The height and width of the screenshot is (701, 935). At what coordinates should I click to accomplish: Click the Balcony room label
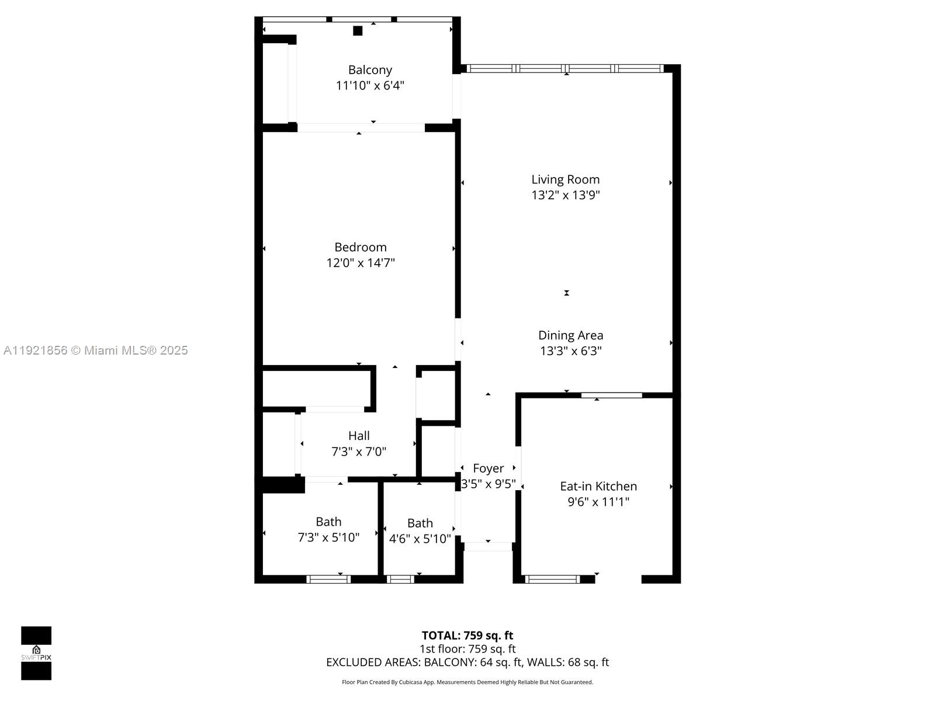(x=370, y=70)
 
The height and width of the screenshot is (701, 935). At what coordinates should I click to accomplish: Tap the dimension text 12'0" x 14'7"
(x=361, y=263)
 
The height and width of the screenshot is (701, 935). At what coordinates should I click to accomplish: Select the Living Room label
(x=565, y=179)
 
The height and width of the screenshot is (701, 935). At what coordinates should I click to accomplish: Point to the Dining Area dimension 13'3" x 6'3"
(x=570, y=351)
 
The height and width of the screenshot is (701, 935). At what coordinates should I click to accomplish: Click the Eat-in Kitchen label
(x=598, y=486)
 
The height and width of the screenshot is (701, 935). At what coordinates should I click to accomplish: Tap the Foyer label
(x=488, y=469)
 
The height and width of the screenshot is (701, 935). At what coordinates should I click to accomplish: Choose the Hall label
(x=359, y=436)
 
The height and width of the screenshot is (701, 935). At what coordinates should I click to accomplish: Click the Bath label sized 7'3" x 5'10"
(x=328, y=522)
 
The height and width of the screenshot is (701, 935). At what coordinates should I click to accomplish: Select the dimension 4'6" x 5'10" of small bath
(x=420, y=539)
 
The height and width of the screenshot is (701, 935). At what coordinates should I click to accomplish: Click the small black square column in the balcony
(x=358, y=31)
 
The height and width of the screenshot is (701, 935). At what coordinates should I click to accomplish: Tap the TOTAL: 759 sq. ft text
(x=467, y=636)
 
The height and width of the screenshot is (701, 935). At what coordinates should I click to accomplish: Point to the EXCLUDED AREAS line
(x=467, y=662)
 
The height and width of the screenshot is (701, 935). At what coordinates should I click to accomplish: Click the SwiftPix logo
(x=36, y=653)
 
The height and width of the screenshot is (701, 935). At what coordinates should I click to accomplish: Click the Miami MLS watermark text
(x=96, y=350)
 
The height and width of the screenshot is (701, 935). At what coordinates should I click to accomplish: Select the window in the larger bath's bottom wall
(x=328, y=579)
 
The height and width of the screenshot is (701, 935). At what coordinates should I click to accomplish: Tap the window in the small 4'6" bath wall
(x=400, y=579)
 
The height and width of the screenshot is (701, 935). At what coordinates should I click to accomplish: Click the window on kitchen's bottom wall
(x=552, y=579)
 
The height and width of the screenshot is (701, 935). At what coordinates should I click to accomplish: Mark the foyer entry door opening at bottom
(x=488, y=547)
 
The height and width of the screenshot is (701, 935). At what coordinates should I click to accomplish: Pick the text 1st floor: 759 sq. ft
(x=467, y=649)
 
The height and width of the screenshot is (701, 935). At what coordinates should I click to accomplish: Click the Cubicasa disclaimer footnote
(x=467, y=682)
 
